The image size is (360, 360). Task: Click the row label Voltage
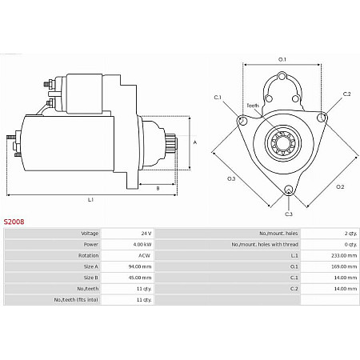point(89,233)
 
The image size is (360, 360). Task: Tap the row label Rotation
point(88,255)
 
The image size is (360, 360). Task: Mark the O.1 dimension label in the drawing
point(282,59)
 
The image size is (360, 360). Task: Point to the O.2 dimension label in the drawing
point(339,186)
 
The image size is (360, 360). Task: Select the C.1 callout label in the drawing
point(218,97)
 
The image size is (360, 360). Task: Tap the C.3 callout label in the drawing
point(288,214)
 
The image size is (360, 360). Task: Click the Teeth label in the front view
point(253,106)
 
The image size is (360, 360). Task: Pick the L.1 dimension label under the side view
point(90,198)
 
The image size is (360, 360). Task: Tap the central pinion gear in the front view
point(282,146)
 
